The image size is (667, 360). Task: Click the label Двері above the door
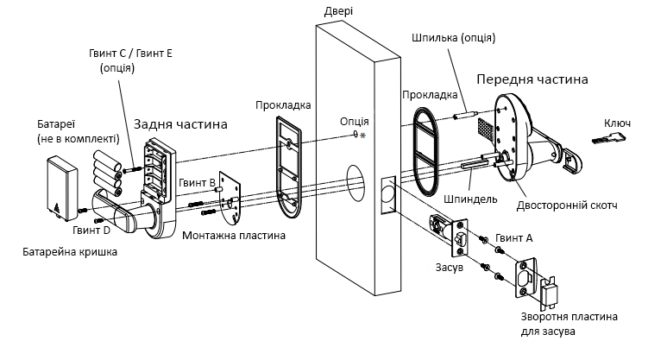(338, 11)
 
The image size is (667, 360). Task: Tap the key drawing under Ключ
(609, 138)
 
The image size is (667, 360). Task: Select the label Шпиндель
(470, 199)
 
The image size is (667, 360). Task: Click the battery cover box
(62, 188)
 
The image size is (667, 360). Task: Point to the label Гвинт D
(91, 231)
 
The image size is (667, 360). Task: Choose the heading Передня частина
(532, 79)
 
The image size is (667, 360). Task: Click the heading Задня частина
(180, 124)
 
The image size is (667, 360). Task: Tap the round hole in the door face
(356, 183)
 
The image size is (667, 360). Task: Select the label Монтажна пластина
(234, 236)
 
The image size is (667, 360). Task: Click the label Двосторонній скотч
(567, 205)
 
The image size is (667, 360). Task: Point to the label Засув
(450, 268)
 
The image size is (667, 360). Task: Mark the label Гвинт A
(514, 238)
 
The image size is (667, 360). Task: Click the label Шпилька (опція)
(454, 38)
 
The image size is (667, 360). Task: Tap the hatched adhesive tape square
(487, 129)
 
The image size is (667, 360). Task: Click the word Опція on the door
(355, 122)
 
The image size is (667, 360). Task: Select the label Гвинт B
(197, 183)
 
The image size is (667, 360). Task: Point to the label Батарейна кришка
(70, 252)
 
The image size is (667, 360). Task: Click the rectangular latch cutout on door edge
(388, 195)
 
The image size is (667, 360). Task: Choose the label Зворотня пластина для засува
(569, 325)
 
